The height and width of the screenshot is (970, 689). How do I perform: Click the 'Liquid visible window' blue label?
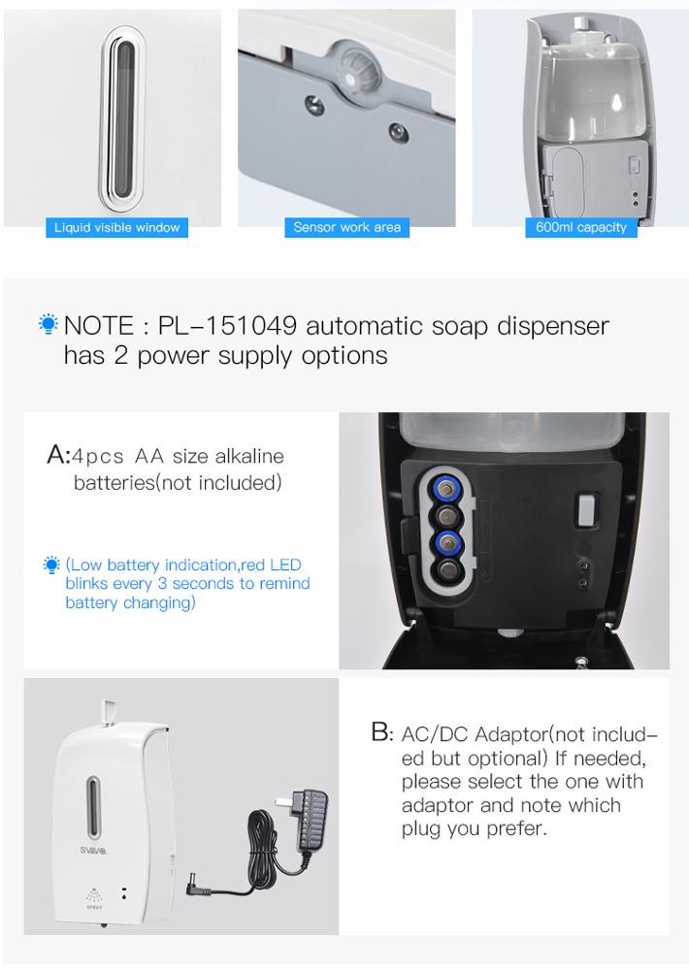click(117, 228)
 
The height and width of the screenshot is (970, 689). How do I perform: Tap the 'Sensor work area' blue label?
click(346, 228)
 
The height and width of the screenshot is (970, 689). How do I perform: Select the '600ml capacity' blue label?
click(580, 228)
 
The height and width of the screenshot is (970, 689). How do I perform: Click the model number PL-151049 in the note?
click(227, 326)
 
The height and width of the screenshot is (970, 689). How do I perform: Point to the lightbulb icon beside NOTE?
click(48, 324)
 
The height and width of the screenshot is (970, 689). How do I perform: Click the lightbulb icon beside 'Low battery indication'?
click(52, 565)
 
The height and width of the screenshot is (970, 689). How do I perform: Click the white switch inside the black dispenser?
click(585, 510)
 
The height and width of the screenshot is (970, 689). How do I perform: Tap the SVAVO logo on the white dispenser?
click(93, 851)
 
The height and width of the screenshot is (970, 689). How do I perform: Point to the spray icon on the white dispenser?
click(94, 895)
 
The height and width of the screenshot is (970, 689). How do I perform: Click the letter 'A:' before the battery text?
click(58, 455)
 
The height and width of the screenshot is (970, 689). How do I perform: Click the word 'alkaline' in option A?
click(249, 457)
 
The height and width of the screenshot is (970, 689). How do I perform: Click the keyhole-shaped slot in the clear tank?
click(616, 103)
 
